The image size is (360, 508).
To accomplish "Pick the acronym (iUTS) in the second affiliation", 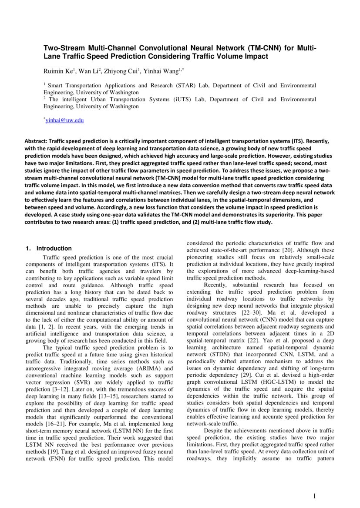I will [x=163, y=100].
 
